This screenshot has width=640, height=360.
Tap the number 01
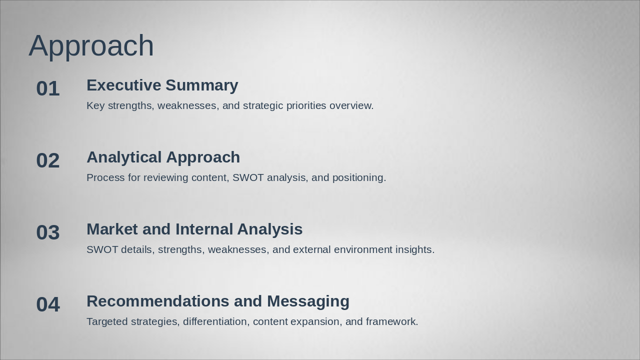(x=48, y=88)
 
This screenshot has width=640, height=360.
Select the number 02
(x=48, y=160)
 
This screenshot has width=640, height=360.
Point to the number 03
(x=48, y=232)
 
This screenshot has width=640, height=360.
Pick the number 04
(x=48, y=304)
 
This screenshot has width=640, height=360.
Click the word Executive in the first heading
(x=124, y=85)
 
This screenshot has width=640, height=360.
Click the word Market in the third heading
(x=112, y=229)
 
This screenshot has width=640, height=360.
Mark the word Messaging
(x=308, y=302)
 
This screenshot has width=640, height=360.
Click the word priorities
(x=306, y=106)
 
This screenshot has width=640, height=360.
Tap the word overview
(x=351, y=105)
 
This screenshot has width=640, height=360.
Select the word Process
(x=105, y=177)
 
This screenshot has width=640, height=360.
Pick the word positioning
(x=359, y=178)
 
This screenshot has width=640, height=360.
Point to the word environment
(x=363, y=249)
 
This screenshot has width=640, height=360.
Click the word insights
(x=415, y=250)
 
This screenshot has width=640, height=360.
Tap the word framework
(x=392, y=321)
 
